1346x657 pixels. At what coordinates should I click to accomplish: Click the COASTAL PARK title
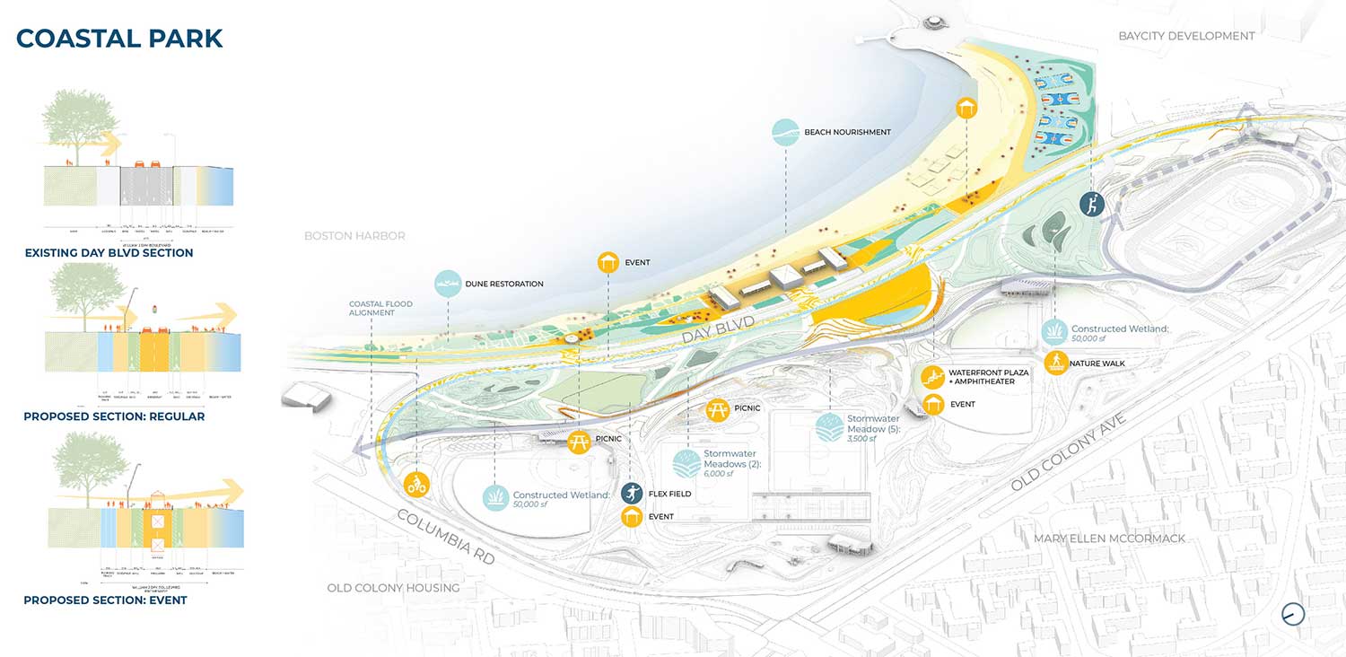[119, 39]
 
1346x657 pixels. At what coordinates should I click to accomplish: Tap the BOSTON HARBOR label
[354, 236]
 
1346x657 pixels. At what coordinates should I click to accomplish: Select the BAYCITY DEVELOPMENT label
[1186, 36]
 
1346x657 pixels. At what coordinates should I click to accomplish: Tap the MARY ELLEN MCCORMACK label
[1109, 539]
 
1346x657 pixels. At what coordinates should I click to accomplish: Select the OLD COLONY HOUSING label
[393, 588]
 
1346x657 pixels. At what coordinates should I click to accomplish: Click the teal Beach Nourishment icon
[785, 132]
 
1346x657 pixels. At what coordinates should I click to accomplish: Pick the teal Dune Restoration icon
[448, 284]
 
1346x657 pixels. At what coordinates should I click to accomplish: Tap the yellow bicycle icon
[416, 485]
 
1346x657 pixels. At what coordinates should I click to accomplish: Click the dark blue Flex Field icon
[633, 493]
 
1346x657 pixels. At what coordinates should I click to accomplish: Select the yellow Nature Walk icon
[1056, 363]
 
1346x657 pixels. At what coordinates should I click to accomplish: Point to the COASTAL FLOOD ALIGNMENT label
[380, 310]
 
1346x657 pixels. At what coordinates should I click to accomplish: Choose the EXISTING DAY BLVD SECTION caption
[109, 253]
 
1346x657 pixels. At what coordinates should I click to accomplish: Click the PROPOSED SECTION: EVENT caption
[105, 600]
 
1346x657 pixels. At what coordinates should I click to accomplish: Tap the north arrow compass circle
[1293, 614]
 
